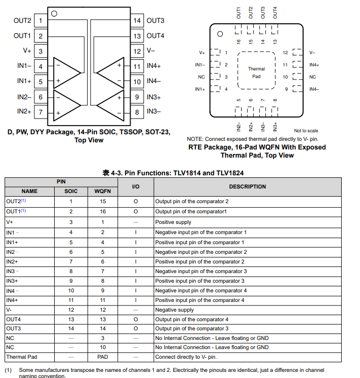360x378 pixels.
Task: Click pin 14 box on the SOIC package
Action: (137, 21)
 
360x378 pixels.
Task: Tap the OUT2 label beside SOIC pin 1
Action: (22, 21)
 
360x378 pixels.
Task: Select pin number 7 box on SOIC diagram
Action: (41, 112)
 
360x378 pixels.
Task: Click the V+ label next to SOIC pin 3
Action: (27, 51)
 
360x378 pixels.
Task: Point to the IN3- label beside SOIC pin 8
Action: (154, 111)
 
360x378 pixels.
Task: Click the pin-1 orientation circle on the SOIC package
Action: (54, 14)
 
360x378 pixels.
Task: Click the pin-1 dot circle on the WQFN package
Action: (220, 34)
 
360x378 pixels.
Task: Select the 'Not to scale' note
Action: (306, 131)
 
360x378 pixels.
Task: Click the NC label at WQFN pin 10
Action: (312, 77)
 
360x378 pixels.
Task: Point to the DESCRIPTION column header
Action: (247, 186)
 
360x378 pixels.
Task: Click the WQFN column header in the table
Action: (103, 191)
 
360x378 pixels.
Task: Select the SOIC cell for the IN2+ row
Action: (71, 261)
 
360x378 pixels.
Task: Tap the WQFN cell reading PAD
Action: (103, 357)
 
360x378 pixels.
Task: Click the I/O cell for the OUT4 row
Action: (136, 319)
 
